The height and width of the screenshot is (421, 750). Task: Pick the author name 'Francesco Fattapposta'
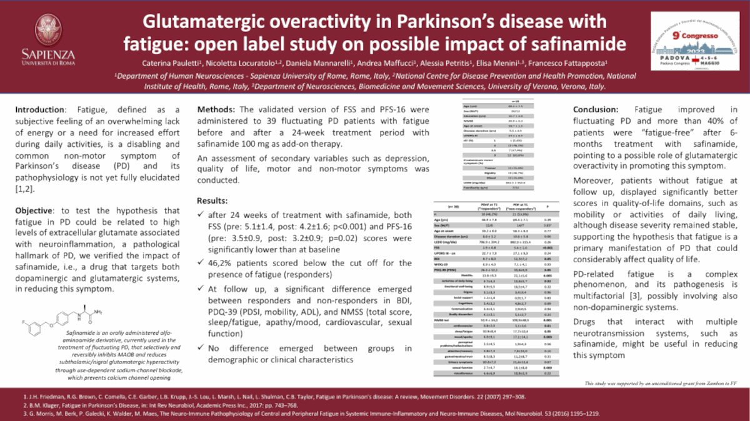(x=582, y=64)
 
